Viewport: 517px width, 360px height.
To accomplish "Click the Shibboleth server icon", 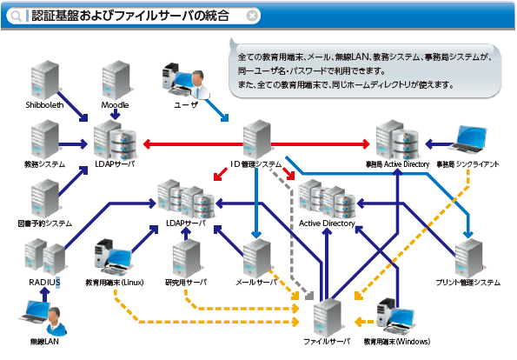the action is [x=45, y=80].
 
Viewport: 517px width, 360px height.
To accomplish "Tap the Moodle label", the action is [x=115, y=105].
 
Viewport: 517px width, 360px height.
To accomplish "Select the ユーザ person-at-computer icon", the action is [x=186, y=81].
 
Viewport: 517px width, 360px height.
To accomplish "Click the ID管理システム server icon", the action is [x=257, y=139].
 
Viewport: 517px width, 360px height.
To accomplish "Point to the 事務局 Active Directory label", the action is [x=398, y=164].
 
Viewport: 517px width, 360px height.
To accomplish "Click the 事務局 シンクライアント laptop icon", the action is [x=469, y=139].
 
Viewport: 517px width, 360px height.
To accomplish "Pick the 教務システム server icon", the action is [x=45, y=139].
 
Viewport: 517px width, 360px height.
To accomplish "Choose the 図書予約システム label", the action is [x=45, y=223].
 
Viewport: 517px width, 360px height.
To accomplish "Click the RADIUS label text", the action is [x=44, y=283].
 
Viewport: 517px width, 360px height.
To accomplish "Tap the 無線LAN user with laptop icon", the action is [x=43, y=317].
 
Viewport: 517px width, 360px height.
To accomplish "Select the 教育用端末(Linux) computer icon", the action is [x=114, y=257].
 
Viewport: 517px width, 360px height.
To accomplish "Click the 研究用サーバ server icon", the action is [x=186, y=259].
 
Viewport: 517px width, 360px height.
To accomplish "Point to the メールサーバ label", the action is [x=256, y=283].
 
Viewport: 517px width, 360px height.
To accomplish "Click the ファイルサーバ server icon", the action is [x=327, y=317].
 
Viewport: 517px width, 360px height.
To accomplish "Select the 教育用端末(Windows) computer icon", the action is [x=395, y=317].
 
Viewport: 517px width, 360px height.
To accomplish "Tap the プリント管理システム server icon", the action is [x=469, y=259].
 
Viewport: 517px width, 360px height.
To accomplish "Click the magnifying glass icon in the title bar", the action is [x=15, y=16].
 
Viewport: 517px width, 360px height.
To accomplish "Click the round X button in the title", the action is [x=252, y=16].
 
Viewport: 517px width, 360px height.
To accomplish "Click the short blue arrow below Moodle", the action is [x=115, y=115].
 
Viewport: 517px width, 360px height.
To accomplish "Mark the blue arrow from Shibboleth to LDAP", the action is [x=73, y=107].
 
